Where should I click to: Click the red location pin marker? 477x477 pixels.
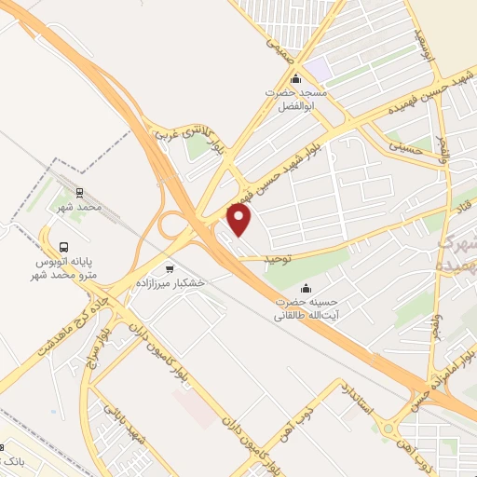(x=240, y=219)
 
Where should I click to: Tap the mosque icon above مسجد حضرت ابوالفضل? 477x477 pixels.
(x=296, y=78)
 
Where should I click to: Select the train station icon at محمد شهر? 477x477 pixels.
(x=80, y=193)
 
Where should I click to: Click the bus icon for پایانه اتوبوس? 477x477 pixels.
(x=63, y=247)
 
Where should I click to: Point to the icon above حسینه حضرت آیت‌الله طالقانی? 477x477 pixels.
(x=307, y=289)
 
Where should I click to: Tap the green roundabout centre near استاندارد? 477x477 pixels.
(x=385, y=429)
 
